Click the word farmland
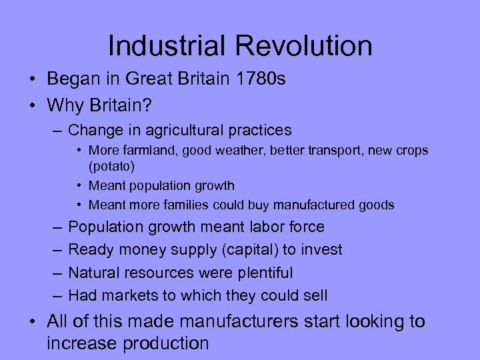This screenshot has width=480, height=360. (146, 151)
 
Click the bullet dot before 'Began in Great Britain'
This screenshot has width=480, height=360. (32, 80)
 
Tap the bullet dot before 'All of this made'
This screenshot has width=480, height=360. (32, 323)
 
